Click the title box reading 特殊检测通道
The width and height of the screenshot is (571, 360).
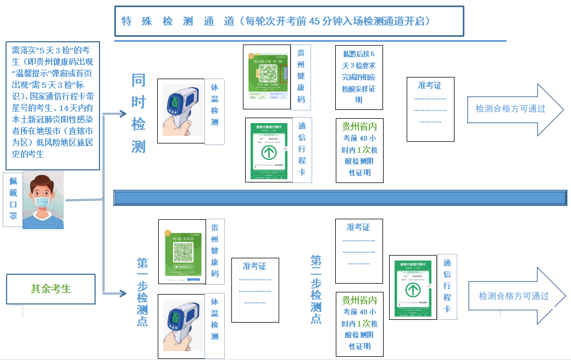point(289,21)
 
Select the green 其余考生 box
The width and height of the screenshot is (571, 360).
point(51,289)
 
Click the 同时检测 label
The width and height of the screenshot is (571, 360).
point(138,113)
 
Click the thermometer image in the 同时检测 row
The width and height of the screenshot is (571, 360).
point(181,111)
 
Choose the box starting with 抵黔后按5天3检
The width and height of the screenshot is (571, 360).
point(359,77)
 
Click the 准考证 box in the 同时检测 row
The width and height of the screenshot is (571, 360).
point(430,109)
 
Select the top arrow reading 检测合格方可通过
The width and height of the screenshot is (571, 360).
point(514,109)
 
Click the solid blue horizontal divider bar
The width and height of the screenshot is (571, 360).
point(340,198)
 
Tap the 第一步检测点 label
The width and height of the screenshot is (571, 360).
point(142,291)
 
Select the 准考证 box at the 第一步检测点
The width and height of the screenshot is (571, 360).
point(254,290)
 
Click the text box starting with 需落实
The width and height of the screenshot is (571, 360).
point(53,105)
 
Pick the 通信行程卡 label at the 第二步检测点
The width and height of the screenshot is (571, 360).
point(447,286)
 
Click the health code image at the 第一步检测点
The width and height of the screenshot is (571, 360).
point(182,252)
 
